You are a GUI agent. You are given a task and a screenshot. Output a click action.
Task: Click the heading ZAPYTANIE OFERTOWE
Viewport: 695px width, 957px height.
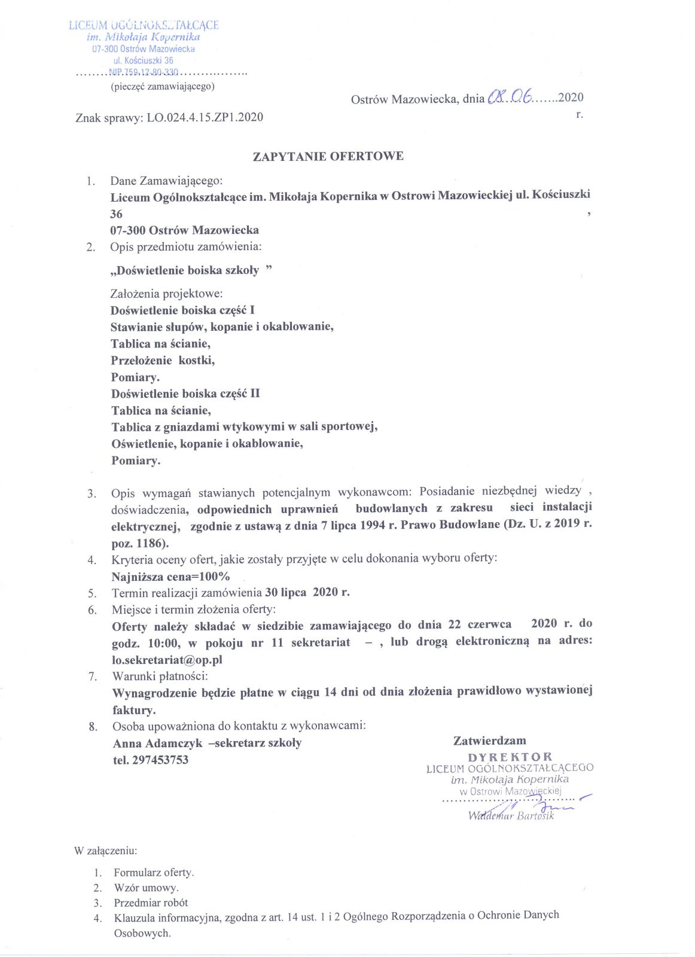pos(328,157)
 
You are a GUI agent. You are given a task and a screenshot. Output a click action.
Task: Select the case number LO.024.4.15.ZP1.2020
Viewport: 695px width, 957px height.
pos(205,117)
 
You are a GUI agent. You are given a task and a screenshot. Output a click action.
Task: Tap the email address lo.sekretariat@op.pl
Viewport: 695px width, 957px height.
pos(167,660)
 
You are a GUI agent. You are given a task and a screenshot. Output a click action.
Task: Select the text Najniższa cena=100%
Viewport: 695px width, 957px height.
pos(170,577)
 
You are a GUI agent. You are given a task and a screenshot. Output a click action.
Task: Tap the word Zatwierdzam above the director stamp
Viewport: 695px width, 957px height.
pos(489,740)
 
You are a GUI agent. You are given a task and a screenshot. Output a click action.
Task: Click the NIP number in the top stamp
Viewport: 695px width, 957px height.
pos(144,72)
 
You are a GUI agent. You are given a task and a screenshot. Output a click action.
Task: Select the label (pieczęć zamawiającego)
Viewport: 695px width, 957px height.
pos(163,86)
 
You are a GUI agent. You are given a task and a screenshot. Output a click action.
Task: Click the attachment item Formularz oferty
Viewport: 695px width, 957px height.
pos(154,872)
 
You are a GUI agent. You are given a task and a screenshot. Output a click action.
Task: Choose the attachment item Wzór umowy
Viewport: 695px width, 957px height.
pos(146,888)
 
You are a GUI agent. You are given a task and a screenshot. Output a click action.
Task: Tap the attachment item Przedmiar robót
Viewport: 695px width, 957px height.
pos(151,903)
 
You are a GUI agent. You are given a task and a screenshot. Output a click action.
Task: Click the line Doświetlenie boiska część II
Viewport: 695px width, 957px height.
pos(185,394)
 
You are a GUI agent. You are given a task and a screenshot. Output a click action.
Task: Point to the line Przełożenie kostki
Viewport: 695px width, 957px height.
pos(163,360)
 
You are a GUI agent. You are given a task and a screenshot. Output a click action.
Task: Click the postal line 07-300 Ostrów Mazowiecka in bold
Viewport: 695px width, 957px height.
pos(184,230)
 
